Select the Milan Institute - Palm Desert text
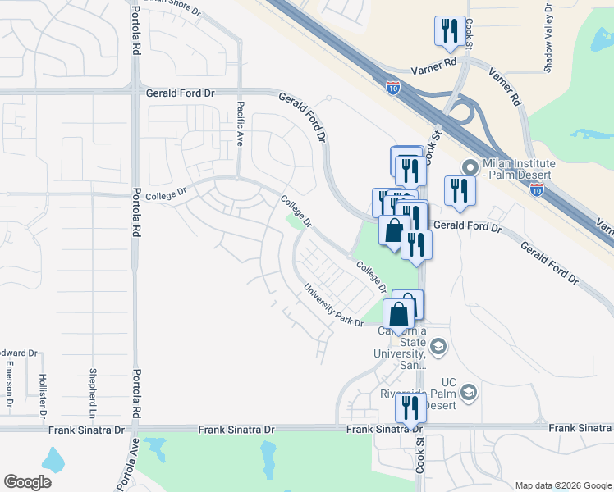click(x=520, y=170)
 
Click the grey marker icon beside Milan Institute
click(x=469, y=166)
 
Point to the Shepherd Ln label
click(x=94, y=385)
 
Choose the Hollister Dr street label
click(x=42, y=393)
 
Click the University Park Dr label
click(x=332, y=305)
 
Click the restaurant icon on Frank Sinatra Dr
click(x=408, y=407)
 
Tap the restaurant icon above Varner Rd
click(x=449, y=31)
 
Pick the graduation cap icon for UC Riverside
click(x=469, y=392)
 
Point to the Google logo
click(x=27, y=482)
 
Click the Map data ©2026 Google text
click(x=562, y=485)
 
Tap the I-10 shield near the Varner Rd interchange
click(x=393, y=88)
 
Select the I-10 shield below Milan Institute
click(x=537, y=189)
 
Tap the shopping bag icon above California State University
click(x=399, y=313)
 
